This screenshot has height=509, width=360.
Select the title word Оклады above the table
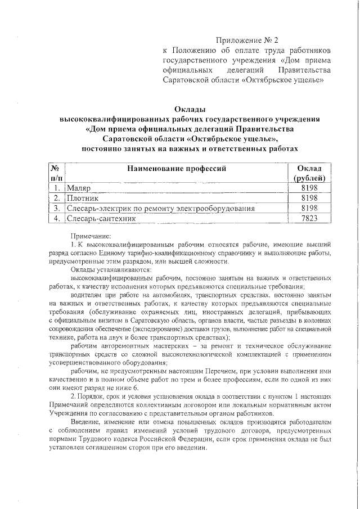pos(189,109)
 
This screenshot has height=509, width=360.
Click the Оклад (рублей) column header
pos(309,173)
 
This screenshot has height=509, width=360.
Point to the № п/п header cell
pos(55,173)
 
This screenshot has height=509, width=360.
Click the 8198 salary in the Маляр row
pos(309,188)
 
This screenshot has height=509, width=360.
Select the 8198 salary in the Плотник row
pos(309,198)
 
